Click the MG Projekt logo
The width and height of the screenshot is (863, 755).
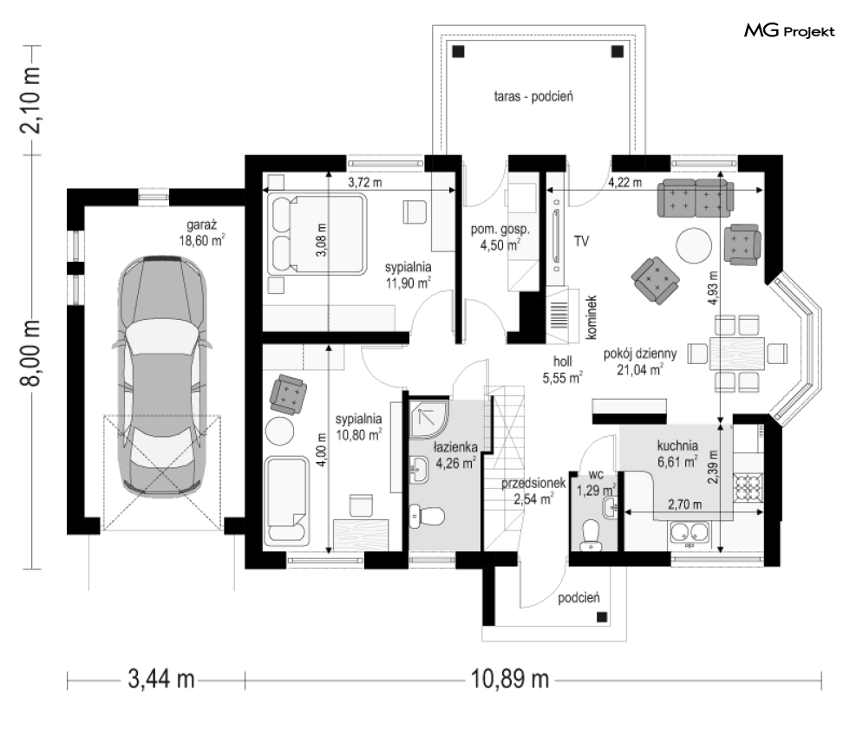click(789, 31)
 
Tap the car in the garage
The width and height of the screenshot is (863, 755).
click(162, 375)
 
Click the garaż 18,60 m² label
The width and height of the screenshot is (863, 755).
click(201, 232)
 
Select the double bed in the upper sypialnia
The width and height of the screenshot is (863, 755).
click(317, 234)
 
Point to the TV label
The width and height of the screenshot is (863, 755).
click(582, 241)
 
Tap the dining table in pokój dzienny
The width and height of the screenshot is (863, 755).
click(737, 353)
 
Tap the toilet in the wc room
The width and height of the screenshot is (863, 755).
click(592, 535)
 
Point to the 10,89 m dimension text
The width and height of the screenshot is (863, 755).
click(510, 679)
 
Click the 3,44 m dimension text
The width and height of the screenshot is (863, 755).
click(161, 679)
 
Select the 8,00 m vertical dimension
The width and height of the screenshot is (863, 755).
click(30, 353)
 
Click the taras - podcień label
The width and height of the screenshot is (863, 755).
click(533, 97)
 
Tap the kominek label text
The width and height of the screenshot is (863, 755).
click(592, 317)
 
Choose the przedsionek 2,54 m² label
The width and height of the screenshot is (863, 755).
click(533, 491)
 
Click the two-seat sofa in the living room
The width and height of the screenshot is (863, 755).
click(696, 198)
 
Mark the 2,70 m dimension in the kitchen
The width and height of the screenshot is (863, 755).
click(684, 504)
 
